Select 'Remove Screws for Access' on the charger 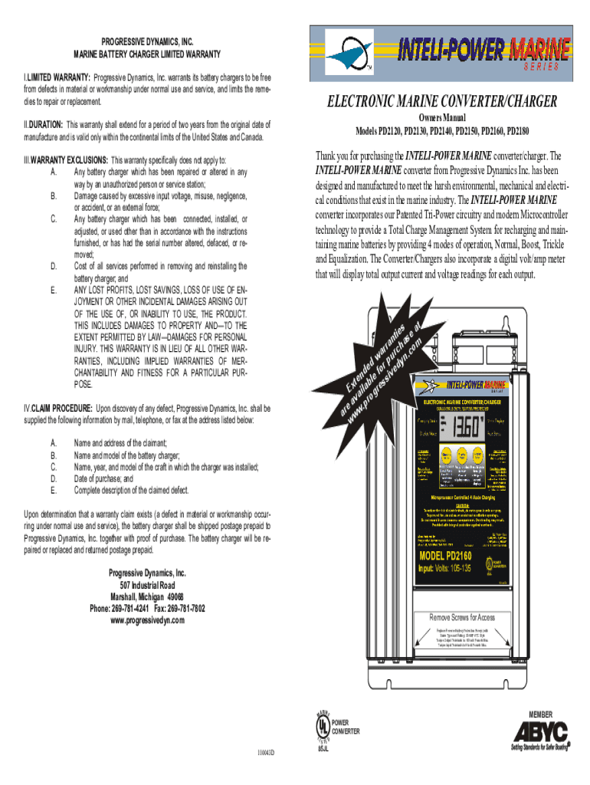tap(461, 617)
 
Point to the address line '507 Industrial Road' tap(147, 585)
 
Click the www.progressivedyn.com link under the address tap(147, 620)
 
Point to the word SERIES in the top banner tap(546, 67)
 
